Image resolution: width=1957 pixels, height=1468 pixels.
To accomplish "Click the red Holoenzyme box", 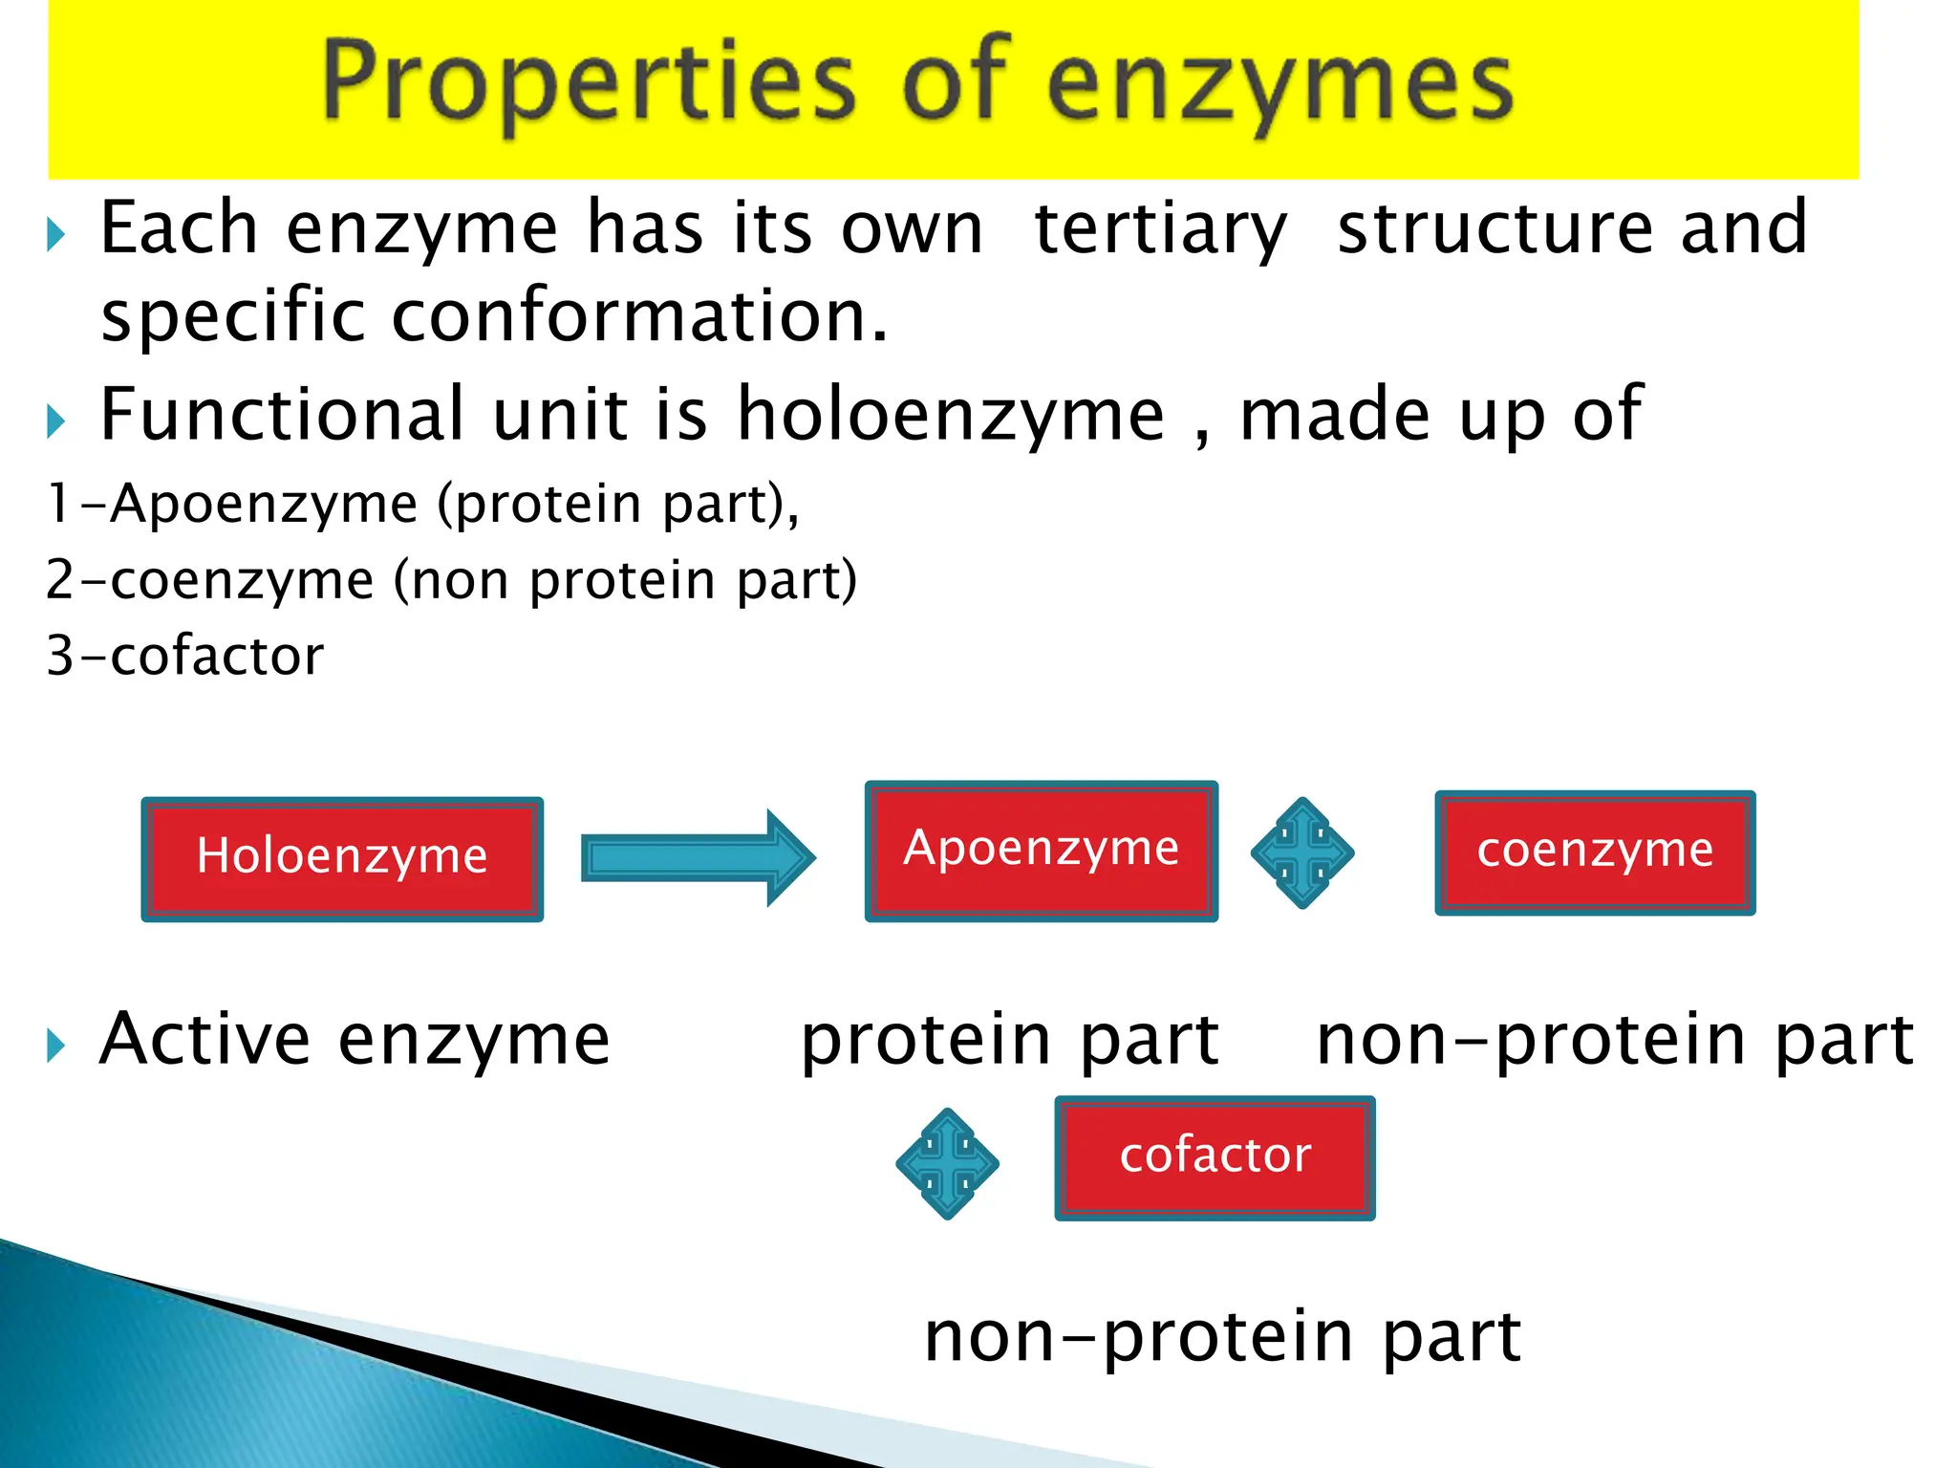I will [342, 858].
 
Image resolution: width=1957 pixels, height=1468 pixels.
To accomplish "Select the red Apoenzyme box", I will [1041, 851].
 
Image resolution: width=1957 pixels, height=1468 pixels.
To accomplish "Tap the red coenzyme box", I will [1595, 853].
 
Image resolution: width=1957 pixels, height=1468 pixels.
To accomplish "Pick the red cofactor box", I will [1215, 1157].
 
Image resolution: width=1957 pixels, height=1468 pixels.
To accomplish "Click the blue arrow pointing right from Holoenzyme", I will [698, 857].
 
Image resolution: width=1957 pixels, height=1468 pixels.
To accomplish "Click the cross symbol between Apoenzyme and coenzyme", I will [1301, 853].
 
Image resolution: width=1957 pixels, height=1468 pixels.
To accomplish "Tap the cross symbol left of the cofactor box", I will [947, 1163].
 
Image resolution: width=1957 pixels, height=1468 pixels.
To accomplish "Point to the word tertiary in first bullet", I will [1160, 229].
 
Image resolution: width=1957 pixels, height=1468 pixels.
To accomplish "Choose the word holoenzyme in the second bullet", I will [951, 416].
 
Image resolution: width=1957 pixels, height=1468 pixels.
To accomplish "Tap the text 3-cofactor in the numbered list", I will [185, 657].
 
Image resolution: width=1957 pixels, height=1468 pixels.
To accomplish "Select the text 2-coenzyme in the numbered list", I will [209, 581].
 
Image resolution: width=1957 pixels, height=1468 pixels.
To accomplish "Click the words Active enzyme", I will [354, 1040].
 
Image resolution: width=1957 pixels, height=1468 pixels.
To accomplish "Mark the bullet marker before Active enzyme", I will [55, 1046].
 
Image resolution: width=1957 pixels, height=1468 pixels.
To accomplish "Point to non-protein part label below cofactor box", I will [1222, 1336].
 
